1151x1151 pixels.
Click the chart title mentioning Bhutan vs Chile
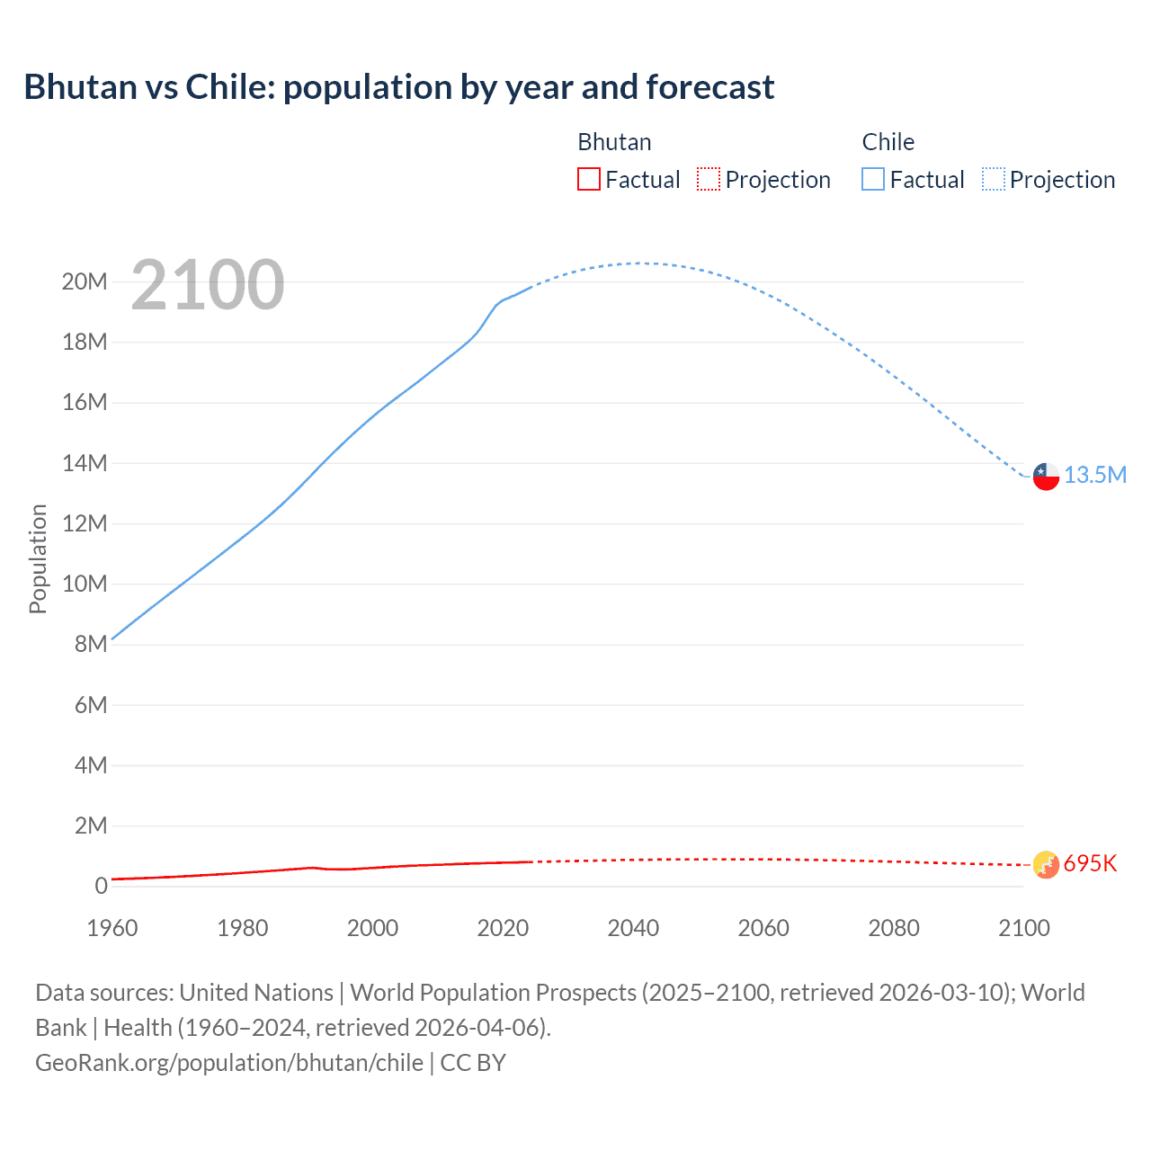pyautogui.click(x=398, y=87)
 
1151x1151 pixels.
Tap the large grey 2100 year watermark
pyautogui.click(x=208, y=285)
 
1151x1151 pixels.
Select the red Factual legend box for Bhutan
pyautogui.click(x=588, y=179)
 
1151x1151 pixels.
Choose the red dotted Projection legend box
pyautogui.click(x=709, y=179)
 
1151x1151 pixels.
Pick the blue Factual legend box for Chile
pyautogui.click(x=873, y=179)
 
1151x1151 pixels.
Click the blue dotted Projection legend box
pyautogui.click(x=994, y=179)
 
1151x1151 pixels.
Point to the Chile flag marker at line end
pyautogui.click(x=1046, y=476)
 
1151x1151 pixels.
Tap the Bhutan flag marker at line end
pyautogui.click(x=1046, y=864)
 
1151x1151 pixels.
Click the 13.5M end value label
pyautogui.click(x=1095, y=475)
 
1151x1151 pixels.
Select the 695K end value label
pyautogui.click(x=1090, y=863)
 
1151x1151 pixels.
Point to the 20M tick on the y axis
pyautogui.click(x=85, y=281)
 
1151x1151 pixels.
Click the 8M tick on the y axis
pyautogui.click(x=91, y=644)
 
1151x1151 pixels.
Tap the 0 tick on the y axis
pyautogui.click(x=101, y=886)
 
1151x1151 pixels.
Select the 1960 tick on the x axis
pyautogui.click(x=112, y=928)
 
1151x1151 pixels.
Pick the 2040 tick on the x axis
pyautogui.click(x=633, y=928)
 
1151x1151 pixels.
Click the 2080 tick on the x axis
pyautogui.click(x=894, y=928)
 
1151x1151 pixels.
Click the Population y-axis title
pyautogui.click(x=38, y=558)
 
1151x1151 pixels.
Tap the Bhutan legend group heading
pyautogui.click(x=614, y=142)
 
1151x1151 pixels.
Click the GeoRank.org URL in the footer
pyautogui.click(x=229, y=1062)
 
